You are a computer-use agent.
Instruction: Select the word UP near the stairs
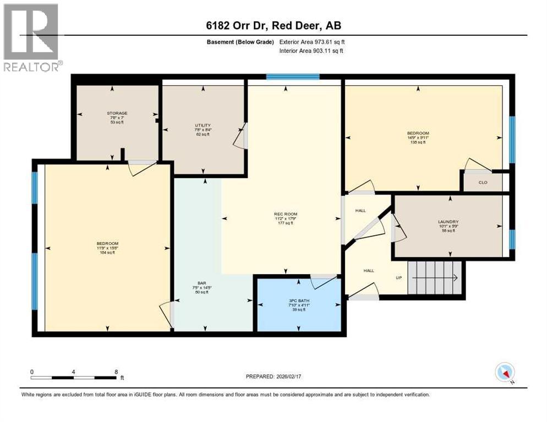pos(400,277)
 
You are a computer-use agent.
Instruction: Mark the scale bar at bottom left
pos(74,377)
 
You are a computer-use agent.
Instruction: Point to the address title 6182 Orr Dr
pos(273,26)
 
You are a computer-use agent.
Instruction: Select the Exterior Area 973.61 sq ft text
pos(312,42)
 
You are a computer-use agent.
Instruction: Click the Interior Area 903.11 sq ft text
pos(312,51)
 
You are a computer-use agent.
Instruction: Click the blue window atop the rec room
pos(293,77)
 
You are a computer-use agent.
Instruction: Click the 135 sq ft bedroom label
pos(418,137)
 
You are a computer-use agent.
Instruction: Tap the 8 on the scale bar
pos(116,371)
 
